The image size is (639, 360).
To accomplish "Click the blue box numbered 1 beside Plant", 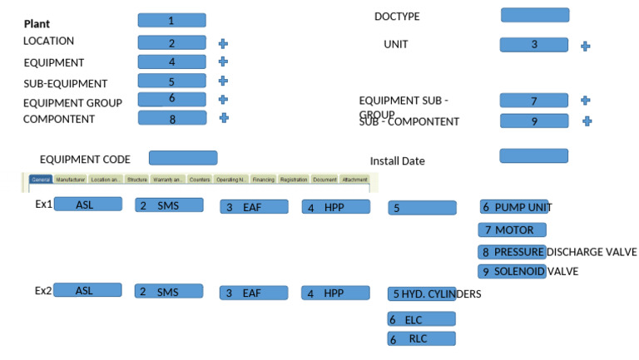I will coord(171,20).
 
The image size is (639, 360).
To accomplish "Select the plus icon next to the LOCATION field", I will coord(223,42).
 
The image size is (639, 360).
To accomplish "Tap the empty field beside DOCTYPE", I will coord(534,15).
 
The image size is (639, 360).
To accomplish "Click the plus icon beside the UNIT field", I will coord(585,47).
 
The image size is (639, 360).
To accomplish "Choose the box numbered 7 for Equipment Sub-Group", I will coord(533,101).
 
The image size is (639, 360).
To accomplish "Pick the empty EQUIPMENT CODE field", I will coord(182,158).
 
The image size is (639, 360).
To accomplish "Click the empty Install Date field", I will coord(533,155).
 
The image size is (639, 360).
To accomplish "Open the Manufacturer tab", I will coord(71,180).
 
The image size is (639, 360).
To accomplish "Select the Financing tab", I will coord(263,180).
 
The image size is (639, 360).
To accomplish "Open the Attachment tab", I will coord(355,180).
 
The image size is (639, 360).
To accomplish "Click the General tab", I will coord(41,180).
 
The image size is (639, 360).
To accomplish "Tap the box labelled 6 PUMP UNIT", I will coord(513,207).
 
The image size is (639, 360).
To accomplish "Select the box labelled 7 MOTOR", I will coord(512,229).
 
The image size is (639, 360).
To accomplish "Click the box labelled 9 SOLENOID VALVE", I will coord(512,272).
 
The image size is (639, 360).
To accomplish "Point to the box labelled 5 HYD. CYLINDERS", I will coord(422,293).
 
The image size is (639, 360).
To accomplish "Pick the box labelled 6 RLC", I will coord(421,338).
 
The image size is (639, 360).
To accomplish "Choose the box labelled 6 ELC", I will coord(421,319).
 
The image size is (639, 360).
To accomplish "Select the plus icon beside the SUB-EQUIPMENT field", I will coord(223,81).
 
